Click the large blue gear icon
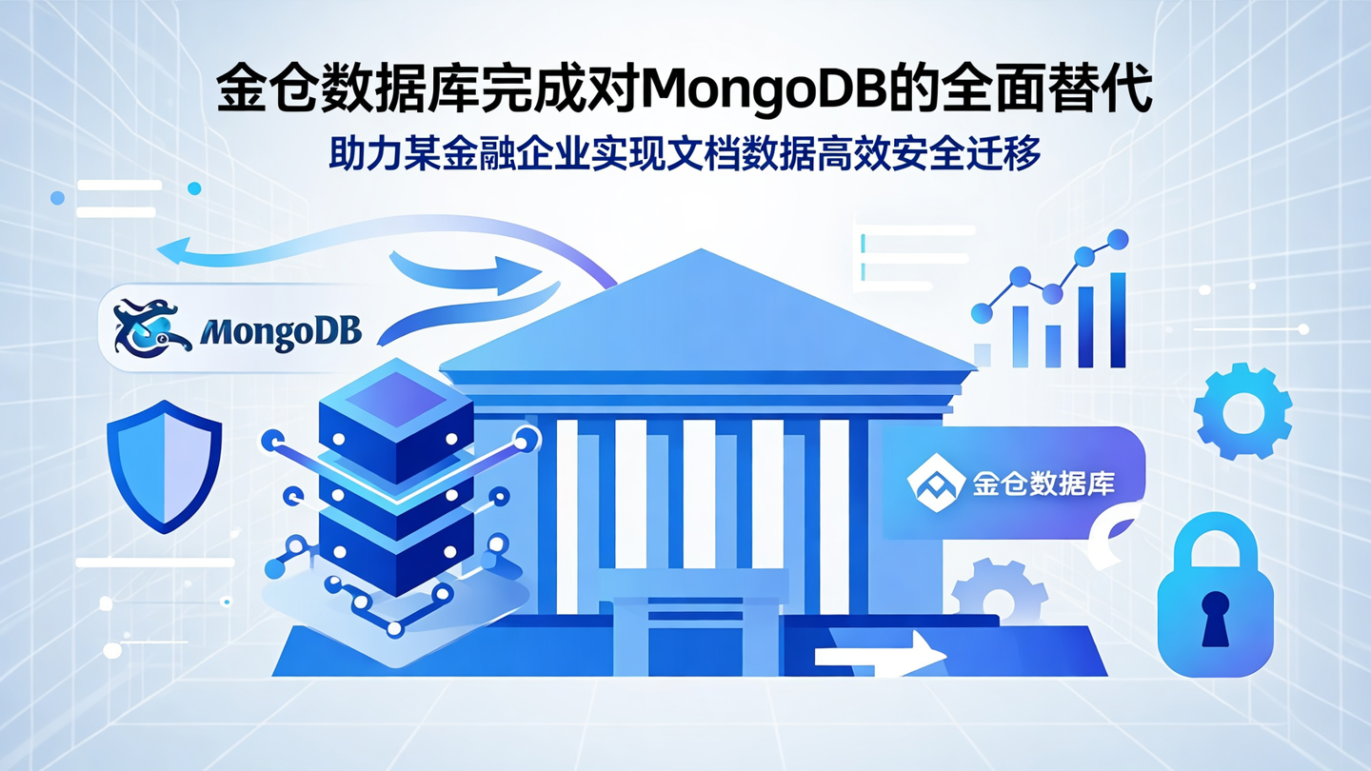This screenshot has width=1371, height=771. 1242,412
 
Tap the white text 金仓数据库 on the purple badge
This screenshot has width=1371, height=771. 1043,484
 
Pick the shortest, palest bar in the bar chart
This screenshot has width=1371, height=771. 983,354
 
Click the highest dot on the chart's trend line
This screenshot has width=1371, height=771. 1119,239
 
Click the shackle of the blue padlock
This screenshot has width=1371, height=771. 1214,546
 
